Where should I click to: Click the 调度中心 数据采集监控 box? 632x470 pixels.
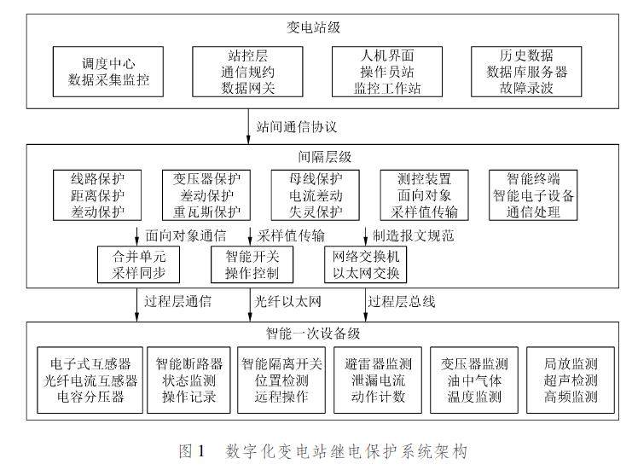[108, 72]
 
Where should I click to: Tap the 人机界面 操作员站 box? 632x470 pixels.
[381, 72]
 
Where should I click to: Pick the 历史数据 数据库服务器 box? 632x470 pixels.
[525, 72]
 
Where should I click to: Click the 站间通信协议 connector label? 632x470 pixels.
[297, 127]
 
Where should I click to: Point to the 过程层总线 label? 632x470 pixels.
[401, 300]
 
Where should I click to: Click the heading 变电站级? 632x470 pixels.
[315, 27]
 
